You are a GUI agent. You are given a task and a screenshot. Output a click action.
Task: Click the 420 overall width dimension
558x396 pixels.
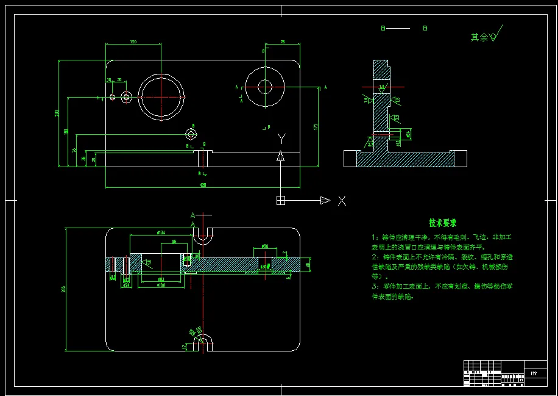[202, 184]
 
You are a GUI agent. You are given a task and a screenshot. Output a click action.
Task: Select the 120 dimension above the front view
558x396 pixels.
[133, 41]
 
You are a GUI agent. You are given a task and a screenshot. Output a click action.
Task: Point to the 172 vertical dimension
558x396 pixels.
[316, 126]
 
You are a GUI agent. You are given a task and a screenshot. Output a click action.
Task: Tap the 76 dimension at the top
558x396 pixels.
[283, 41]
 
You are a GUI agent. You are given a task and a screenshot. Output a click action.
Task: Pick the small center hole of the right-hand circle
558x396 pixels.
[264, 87]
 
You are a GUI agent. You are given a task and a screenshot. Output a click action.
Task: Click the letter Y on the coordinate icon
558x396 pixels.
[281, 139]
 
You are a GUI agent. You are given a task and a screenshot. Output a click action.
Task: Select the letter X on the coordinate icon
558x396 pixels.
[342, 200]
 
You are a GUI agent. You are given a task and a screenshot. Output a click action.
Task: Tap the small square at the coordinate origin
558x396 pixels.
[280, 200]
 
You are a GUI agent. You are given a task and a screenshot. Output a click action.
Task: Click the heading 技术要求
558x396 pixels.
[443, 223]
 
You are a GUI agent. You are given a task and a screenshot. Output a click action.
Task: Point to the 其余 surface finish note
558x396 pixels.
[479, 37]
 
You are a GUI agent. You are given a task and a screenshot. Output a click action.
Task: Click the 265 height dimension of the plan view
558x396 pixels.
[64, 289]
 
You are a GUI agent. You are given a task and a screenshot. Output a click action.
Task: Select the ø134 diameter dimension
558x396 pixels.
[161, 233]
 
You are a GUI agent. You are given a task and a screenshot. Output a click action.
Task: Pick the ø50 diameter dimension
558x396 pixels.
[265, 245]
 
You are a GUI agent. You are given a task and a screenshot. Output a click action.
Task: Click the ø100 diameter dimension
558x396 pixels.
[161, 285]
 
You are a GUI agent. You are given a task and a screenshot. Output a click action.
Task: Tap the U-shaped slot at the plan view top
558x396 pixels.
[203, 237]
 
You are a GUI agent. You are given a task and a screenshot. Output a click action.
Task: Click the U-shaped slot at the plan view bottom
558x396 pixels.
[203, 342]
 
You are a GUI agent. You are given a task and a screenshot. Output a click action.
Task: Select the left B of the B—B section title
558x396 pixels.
[383, 28]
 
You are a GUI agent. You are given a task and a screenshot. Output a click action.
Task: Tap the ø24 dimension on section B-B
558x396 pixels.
[408, 132]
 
